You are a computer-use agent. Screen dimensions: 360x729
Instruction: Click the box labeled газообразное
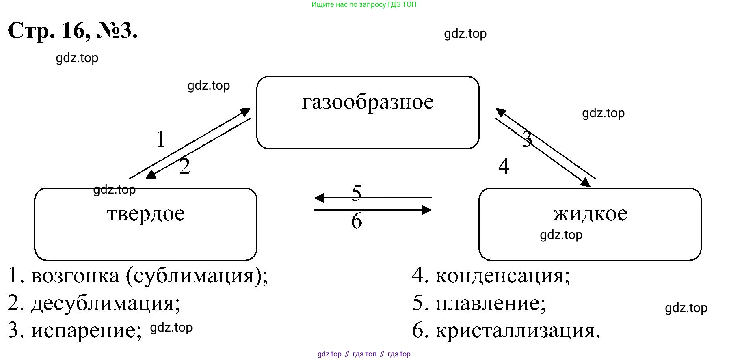368,112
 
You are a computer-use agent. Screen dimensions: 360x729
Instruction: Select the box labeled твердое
145,224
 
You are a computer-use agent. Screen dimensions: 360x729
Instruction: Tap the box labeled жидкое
590,224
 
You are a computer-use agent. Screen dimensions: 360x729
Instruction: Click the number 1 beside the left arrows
161,139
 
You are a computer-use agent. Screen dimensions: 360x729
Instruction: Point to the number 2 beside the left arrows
184,166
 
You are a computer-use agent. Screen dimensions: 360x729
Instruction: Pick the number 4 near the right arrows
504,166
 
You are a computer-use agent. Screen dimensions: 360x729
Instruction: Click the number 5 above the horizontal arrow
356,193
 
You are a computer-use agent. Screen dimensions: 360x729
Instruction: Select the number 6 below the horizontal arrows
356,221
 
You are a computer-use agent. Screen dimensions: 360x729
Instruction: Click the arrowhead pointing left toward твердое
319,198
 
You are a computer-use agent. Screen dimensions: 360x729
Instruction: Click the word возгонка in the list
75,276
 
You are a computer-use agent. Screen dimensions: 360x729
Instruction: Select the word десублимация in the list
106,303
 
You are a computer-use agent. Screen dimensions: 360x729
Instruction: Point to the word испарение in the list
87,330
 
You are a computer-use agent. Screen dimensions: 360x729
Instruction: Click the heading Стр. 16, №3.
73,30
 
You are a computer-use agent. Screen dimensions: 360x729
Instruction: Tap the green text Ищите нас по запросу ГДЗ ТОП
364,5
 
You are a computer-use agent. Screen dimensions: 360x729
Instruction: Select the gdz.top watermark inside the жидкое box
561,235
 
